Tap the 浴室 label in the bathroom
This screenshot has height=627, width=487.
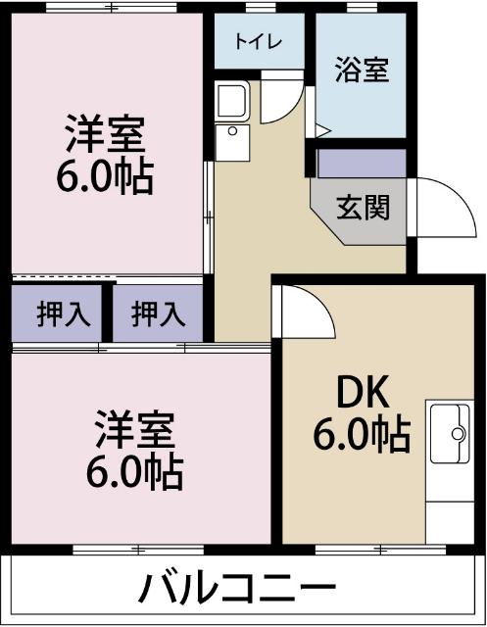pyautogui.click(x=362, y=71)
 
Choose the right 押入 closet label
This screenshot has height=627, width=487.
pyautogui.click(x=158, y=314)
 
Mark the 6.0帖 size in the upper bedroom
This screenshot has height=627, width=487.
pyautogui.click(x=106, y=176)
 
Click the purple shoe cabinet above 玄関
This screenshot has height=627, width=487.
pyautogui.click(x=361, y=163)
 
